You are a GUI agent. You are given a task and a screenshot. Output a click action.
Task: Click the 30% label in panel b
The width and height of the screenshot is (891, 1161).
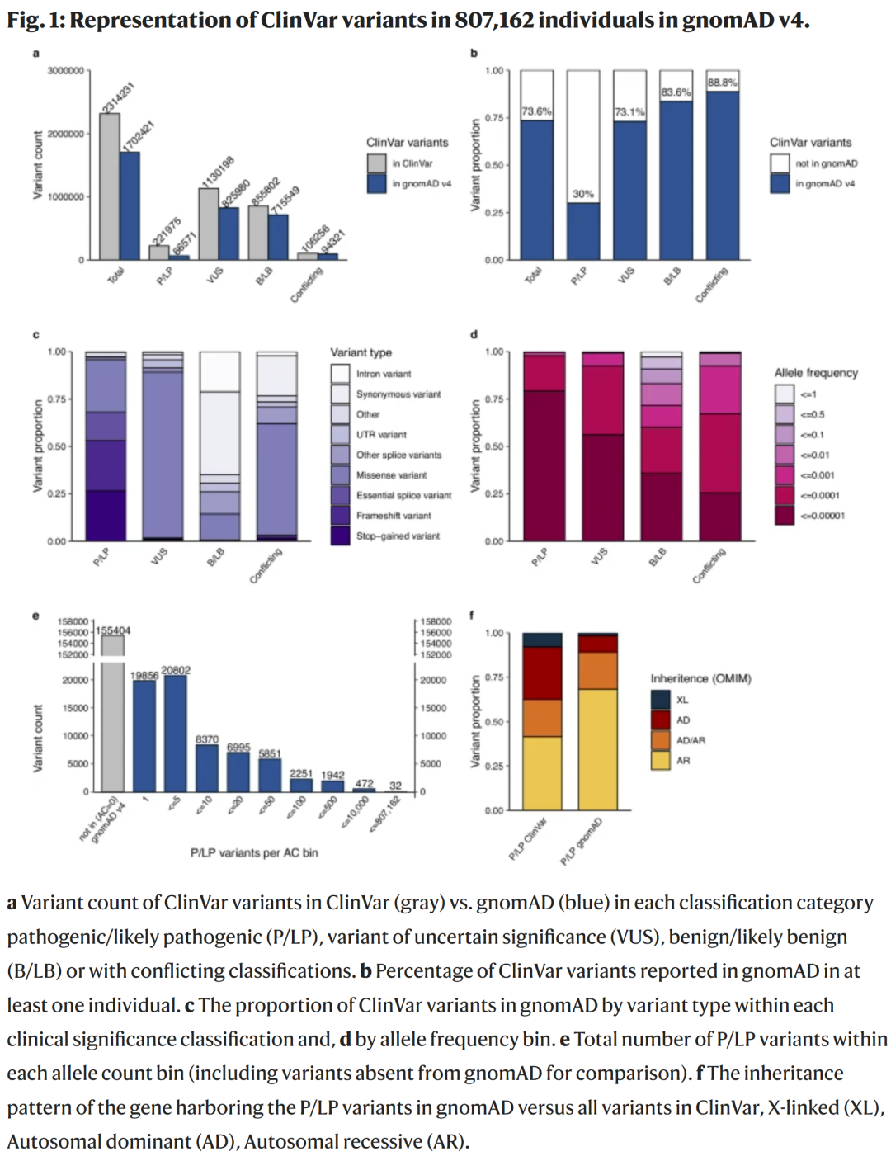click(583, 194)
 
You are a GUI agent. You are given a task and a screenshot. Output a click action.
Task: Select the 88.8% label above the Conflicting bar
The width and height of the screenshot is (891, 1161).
click(723, 83)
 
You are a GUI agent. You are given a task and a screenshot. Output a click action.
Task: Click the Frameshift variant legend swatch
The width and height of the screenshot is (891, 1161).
click(341, 516)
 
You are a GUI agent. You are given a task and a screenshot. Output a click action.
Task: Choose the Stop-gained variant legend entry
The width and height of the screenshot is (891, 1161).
click(398, 536)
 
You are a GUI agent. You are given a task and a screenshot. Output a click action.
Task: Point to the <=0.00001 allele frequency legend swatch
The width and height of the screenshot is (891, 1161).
click(785, 516)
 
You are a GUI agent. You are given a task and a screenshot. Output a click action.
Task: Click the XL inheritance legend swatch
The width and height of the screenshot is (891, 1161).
click(661, 700)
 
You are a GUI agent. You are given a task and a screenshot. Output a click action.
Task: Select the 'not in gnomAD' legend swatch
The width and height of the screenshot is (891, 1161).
click(780, 163)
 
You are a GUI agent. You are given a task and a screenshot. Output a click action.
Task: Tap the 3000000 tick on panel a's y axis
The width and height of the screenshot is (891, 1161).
click(65, 71)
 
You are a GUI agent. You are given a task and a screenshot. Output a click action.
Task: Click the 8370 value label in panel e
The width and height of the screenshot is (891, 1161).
click(207, 739)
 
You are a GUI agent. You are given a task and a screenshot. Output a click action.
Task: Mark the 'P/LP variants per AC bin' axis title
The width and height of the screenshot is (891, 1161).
click(254, 853)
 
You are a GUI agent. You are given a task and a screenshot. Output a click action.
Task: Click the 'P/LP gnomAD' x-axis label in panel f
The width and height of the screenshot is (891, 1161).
click(582, 841)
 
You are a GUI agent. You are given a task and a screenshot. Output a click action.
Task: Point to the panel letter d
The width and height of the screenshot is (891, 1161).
click(474, 334)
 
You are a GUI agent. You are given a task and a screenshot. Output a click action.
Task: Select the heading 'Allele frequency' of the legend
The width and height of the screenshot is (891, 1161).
click(816, 373)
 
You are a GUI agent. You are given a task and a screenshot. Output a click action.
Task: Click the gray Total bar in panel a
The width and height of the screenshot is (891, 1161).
click(110, 186)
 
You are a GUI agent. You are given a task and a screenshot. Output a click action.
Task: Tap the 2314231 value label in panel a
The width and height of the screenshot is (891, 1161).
click(118, 98)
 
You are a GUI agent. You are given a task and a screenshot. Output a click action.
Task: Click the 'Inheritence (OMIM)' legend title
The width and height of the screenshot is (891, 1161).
click(700, 679)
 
